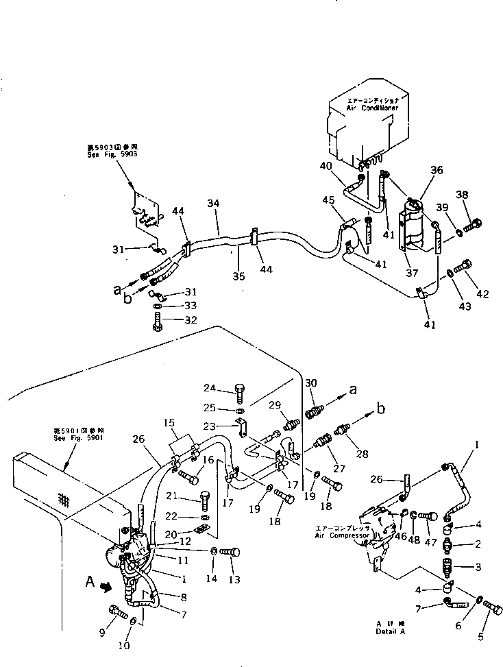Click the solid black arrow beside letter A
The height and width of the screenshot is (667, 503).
click(x=105, y=587)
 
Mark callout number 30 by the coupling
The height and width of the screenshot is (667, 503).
click(x=310, y=383)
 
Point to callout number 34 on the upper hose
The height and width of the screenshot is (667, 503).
click(x=213, y=204)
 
